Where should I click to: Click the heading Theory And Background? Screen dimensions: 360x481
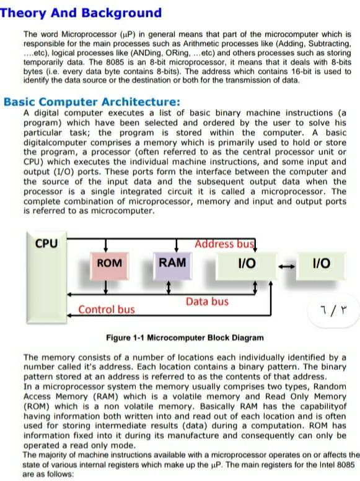(x=81, y=13)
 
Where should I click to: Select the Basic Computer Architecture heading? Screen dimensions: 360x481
(x=92, y=102)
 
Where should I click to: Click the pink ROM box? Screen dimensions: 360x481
(x=110, y=263)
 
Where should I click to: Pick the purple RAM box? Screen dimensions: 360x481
(x=172, y=262)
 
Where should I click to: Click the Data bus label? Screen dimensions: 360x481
(x=207, y=301)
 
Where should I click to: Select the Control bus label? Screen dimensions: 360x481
(x=106, y=309)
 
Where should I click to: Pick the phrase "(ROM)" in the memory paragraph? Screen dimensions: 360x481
(x=36, y=406)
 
